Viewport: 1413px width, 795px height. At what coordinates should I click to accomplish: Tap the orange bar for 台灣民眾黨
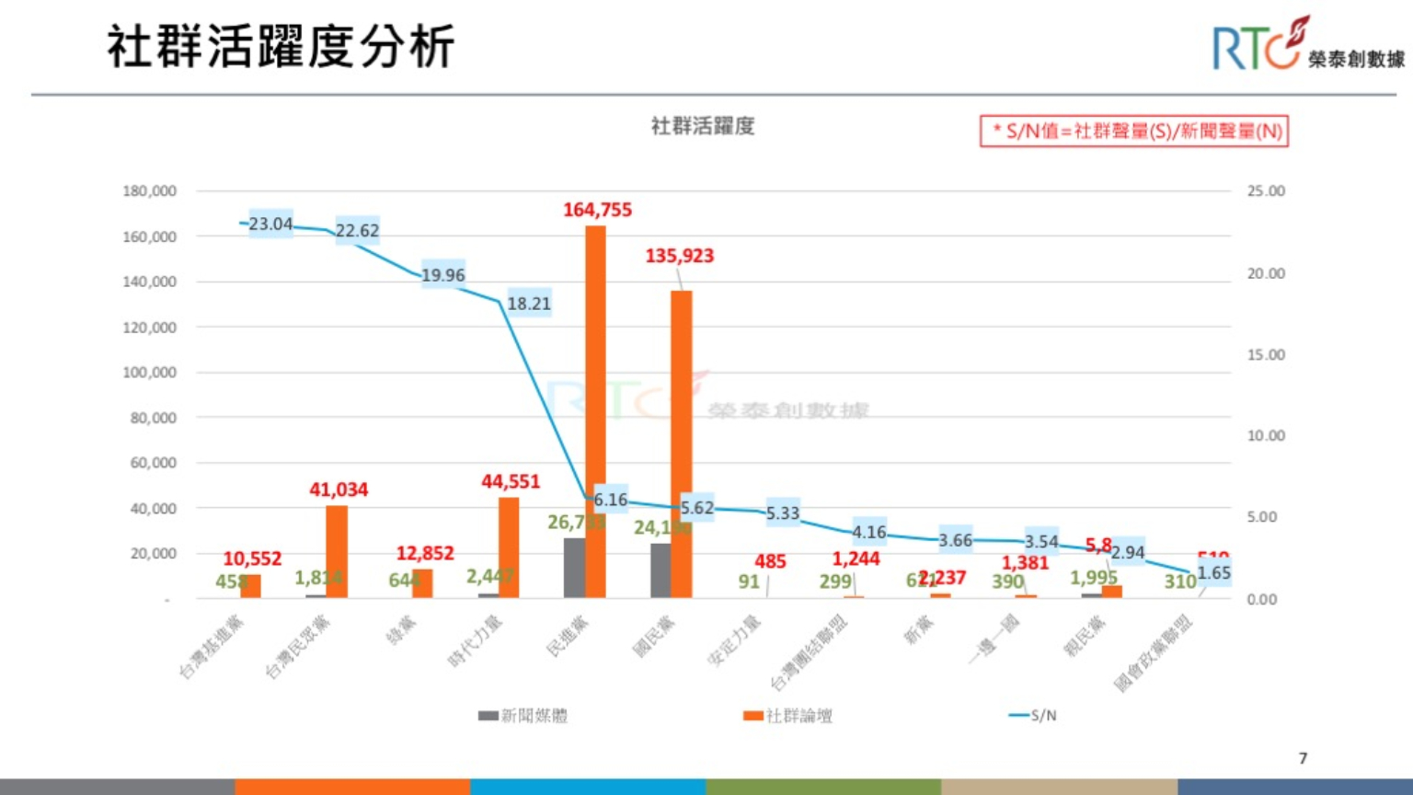pos(337,552)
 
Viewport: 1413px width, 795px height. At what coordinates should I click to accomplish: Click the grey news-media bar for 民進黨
pos(574,568)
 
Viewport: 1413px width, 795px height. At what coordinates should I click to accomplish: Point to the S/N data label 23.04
pos(270,224)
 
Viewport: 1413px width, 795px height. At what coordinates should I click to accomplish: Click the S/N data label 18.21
pos(529,303)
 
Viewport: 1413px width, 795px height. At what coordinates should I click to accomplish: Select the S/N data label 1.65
pos(1213,572)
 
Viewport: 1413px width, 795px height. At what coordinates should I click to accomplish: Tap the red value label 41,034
pos(339,490)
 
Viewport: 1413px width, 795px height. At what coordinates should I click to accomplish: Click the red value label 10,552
pos(252,559)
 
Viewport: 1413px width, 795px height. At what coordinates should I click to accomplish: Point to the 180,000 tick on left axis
pos(149,191)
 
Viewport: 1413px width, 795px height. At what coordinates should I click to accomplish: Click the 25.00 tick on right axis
pos(1266,191)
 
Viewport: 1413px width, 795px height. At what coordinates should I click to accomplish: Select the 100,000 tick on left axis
pos(149,373)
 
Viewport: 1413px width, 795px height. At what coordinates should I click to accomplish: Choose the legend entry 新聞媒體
pos(523,716)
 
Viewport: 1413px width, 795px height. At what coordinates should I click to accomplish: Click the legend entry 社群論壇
pos(788,716)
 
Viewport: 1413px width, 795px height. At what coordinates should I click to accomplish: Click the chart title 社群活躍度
pos(703,126)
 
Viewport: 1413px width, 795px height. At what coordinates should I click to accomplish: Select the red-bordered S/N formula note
pos(1133,131)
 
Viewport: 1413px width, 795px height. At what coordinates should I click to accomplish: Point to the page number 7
pos(1303,758)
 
